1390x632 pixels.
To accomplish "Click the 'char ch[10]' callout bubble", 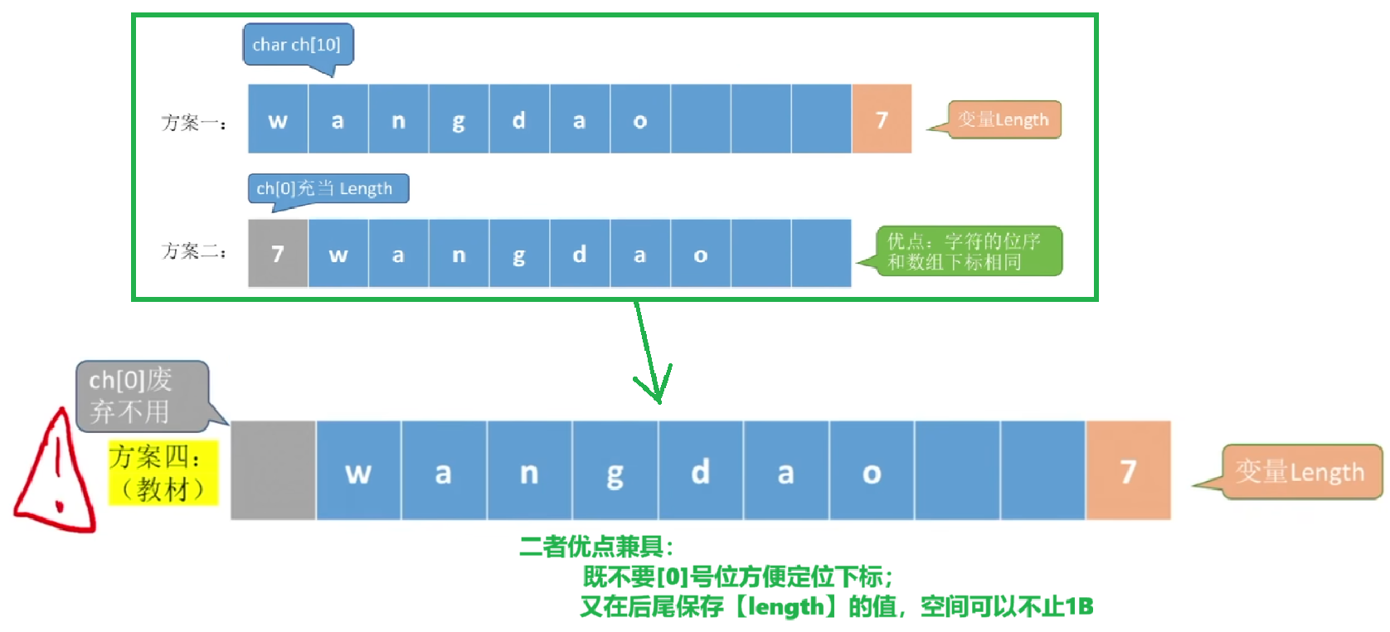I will pos(297,45).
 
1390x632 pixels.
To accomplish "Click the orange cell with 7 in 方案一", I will pos(882,119).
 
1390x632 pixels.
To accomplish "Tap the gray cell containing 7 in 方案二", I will pos(278,254).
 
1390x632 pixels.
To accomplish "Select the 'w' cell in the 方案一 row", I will pos(278,119).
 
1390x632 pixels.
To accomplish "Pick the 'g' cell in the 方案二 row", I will pos(519,254).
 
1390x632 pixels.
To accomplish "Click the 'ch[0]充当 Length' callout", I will pos(328,188).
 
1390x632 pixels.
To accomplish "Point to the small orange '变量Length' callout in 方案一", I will pos(1004,119).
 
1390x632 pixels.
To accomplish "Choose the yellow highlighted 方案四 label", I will pos(162,473).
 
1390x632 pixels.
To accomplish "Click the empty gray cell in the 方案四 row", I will pos(273,470).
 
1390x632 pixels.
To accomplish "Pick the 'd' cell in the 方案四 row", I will pos(701,471).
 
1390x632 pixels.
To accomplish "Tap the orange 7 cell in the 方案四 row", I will pos(1128,471).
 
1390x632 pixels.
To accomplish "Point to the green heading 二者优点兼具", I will pos(595,547).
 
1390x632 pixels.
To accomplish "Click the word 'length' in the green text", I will pos(785,607).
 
